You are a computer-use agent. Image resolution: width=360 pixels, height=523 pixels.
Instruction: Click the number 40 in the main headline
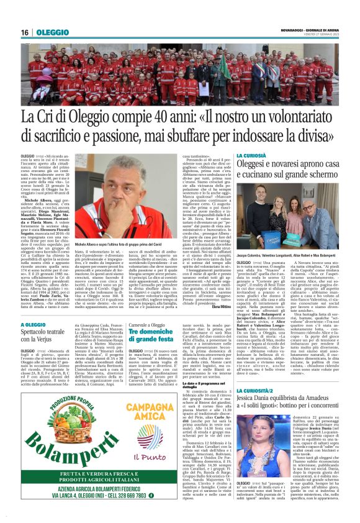click(x=156, y=116)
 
